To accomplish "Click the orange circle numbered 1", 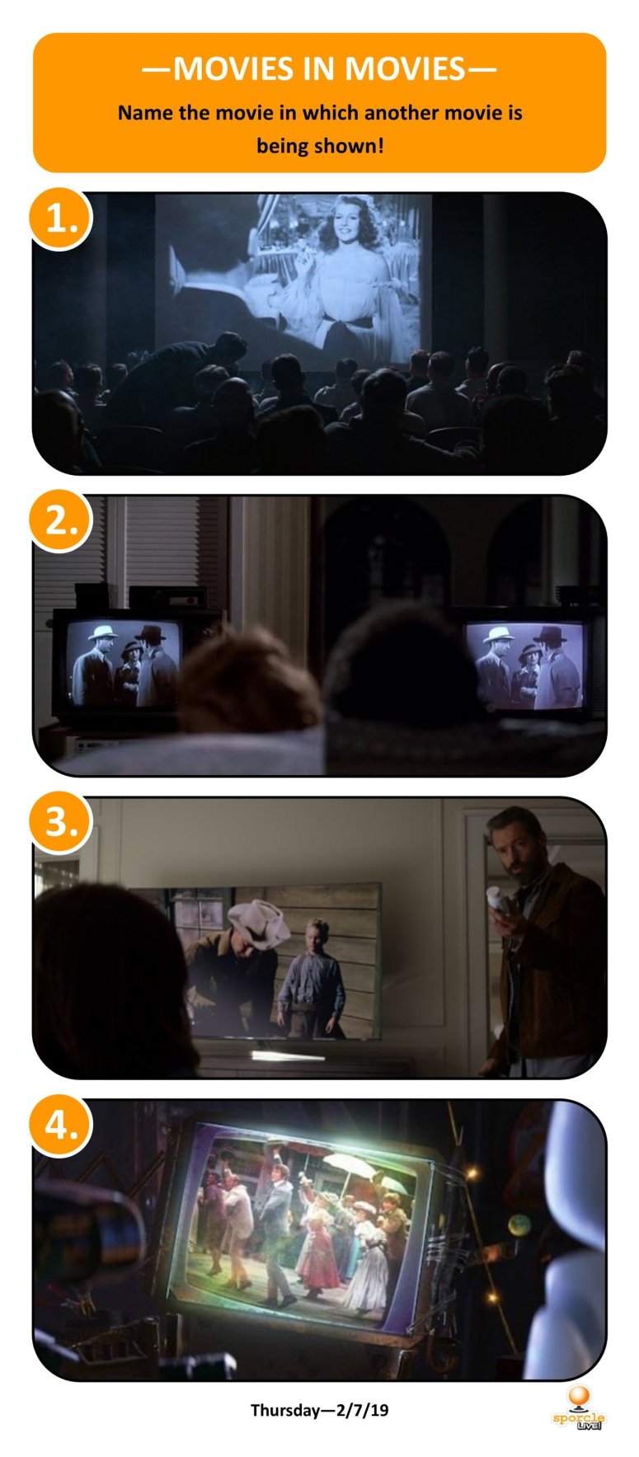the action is coord(60,219).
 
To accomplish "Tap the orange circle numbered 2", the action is coord(60,521).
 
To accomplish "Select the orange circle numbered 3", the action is coord(60,823).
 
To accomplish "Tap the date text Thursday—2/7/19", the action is coord(319,1409).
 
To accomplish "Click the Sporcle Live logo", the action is coord(578,1407).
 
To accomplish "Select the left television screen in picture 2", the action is coord(124,664).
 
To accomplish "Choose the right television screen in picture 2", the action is coord(526,666).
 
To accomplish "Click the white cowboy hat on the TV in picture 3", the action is coord(258,915).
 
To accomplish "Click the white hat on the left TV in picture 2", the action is coord(102,632).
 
